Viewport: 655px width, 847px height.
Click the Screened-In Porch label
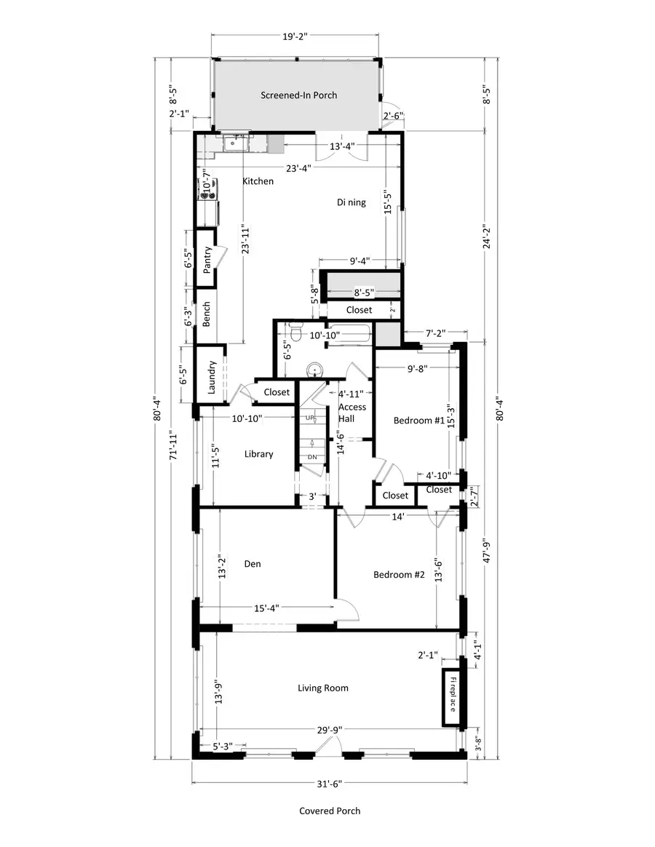[299, 95]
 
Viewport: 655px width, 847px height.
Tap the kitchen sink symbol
[234, 143]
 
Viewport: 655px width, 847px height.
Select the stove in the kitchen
[204, 190]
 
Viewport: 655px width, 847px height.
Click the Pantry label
[207, 258]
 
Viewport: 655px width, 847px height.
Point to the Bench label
[207, 314]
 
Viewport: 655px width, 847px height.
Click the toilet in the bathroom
[295, 333]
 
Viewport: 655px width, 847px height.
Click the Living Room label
[322, 688]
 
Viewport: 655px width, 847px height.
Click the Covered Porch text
[330, 811]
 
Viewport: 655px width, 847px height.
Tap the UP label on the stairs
[311, 418]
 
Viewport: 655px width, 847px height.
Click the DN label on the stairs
[312, 456]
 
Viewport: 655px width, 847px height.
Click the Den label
[253, 563]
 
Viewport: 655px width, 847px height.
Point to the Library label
[258, 454]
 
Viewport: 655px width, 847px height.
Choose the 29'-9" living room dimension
[330, 730]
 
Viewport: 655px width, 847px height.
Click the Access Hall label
[352, 413]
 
